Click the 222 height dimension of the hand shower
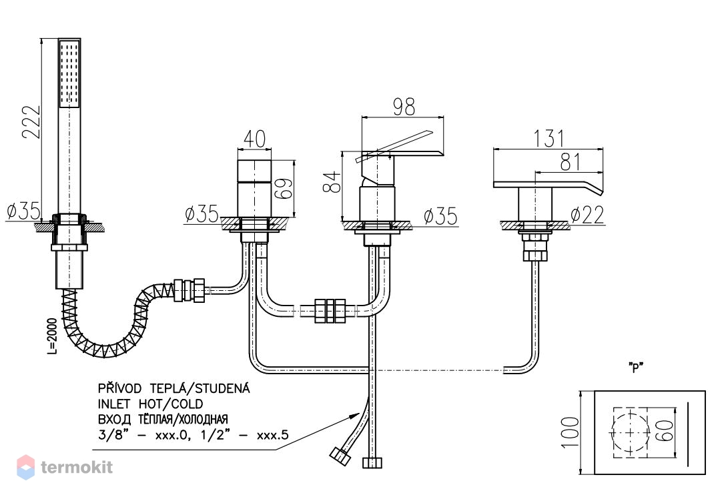click(32, 122)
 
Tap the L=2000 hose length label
click(53, 336)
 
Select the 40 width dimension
click(254, 139)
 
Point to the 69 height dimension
click(285, 187)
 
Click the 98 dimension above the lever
click(404, 107)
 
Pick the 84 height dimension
click(332, 181)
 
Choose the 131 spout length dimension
click(549, 139)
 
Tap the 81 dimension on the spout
click(571, 161)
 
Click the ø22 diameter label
click(587, 215)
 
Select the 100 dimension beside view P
click(571, 432)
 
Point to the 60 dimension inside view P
click(667, 430)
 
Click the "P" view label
click(636, 367)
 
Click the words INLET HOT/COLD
click(151, 404)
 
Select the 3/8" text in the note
click(111, 434)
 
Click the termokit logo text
click(77, 468)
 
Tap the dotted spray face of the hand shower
click(70, 73)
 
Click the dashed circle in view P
click(629, 433)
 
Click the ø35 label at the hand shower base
click(23, 211)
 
